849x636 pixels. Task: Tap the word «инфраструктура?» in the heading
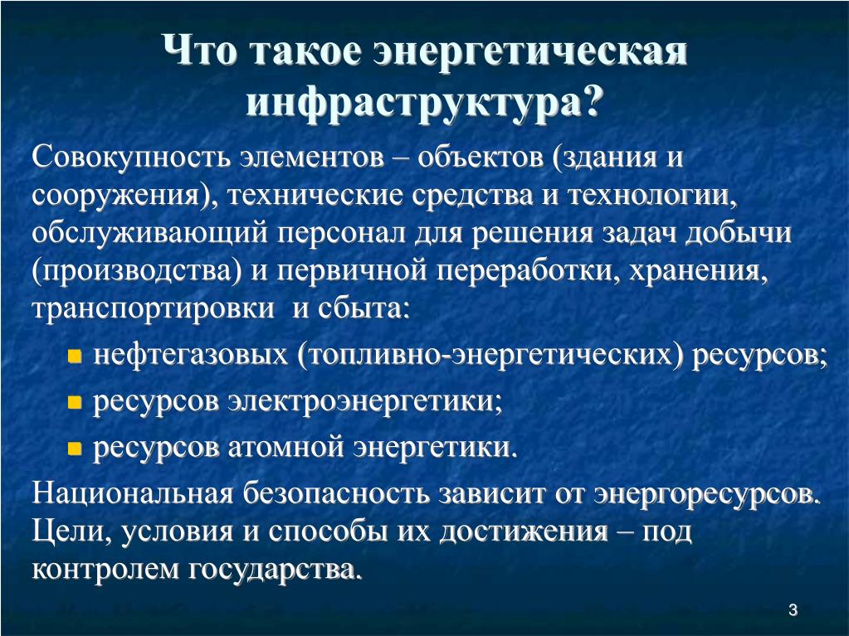pyautogui.click(x=424, y=101)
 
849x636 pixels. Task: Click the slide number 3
pyautogui.click(x=793, y=610)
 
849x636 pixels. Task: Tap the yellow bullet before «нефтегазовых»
pyautogui.click(x=75, y=356)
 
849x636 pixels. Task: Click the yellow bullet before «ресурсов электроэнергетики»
pyautogui.click(x=75, y=402)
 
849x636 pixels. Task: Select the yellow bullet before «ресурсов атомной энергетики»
pyautogui.click(x=75, y=449)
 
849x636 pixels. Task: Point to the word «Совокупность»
pyautogui.click(x=129, y=158)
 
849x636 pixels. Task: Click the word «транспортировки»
pyautogui.click(x=154, y=308)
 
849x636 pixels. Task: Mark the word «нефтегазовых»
pyautogui.click(x=191, y=355)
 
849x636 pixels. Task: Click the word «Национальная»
pyautogui.click(x=132, y=493)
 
